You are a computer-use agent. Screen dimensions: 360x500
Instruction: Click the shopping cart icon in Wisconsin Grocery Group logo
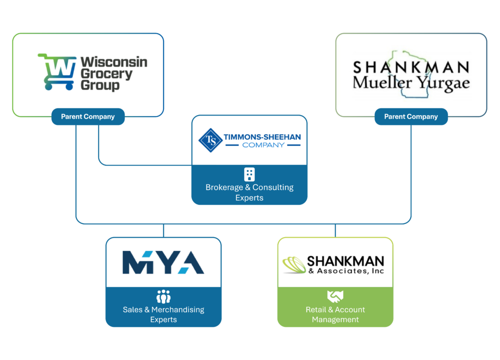(x=58, y=72)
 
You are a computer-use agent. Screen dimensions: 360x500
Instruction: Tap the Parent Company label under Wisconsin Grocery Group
(x=88, y=117)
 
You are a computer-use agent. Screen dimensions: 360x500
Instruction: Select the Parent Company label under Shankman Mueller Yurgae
(x=411, y=117)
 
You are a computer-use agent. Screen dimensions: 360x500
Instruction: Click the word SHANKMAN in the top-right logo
(x=411, y=67)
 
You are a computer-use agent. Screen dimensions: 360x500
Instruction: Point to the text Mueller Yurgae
(x=411, y=82)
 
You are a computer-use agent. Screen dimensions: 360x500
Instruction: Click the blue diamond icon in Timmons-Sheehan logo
(x=210, y=140)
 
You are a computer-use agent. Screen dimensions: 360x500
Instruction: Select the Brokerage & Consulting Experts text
(x=250, y=192)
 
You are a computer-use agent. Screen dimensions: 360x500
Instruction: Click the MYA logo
(x=163, y=263)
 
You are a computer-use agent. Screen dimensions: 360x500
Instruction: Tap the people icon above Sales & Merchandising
(x=164, y=297)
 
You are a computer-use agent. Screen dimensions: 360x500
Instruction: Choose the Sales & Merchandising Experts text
(x=164, y=315)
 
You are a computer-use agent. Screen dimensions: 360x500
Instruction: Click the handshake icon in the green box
(x=335, y=296)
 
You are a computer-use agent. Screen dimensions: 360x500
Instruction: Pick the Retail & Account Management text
(x=335, y=315)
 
